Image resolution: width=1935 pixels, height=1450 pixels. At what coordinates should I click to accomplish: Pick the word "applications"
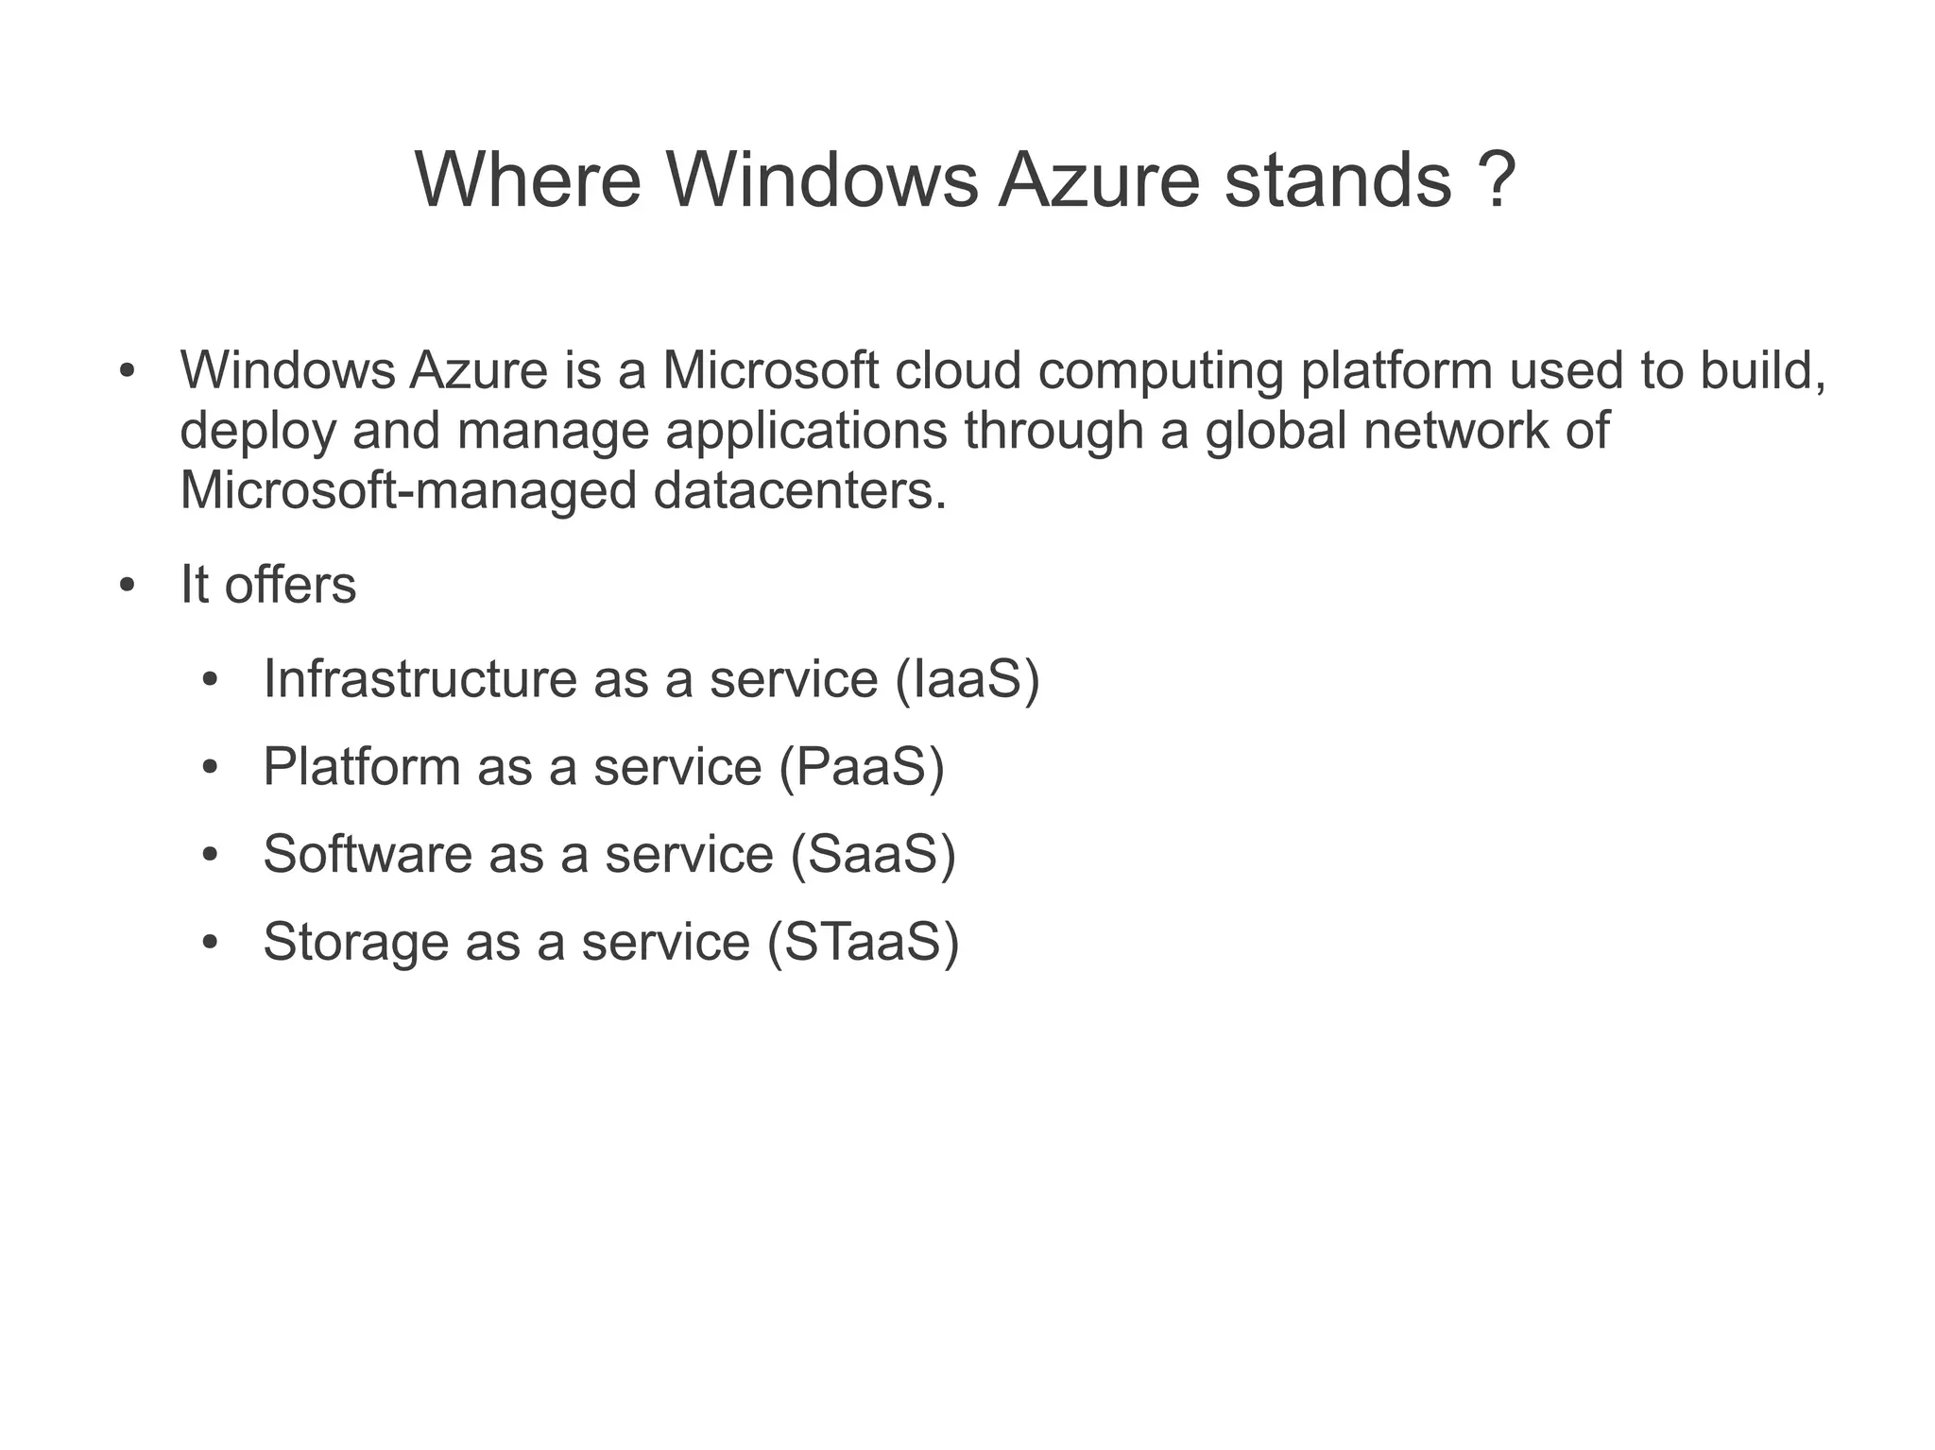[x=806, y=432]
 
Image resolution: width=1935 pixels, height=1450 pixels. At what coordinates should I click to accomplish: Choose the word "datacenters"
[x=799, y=490]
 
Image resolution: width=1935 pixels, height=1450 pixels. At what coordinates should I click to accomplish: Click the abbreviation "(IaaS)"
[x=967, y=679]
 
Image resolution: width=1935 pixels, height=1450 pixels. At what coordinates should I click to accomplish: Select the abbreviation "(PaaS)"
[x=861, y=766]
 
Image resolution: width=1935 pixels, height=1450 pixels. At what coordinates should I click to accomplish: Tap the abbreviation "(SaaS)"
[x=872, y=854]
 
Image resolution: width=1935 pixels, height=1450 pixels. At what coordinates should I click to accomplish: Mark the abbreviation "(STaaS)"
[x=863, y=942]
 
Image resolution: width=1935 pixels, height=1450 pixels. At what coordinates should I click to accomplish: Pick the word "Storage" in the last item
[x=355, y=943]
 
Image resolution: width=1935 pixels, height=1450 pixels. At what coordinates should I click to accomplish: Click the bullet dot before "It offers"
[x=128, y=586]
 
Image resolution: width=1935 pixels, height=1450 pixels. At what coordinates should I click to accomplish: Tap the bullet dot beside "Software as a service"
[x=210, y=855]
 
